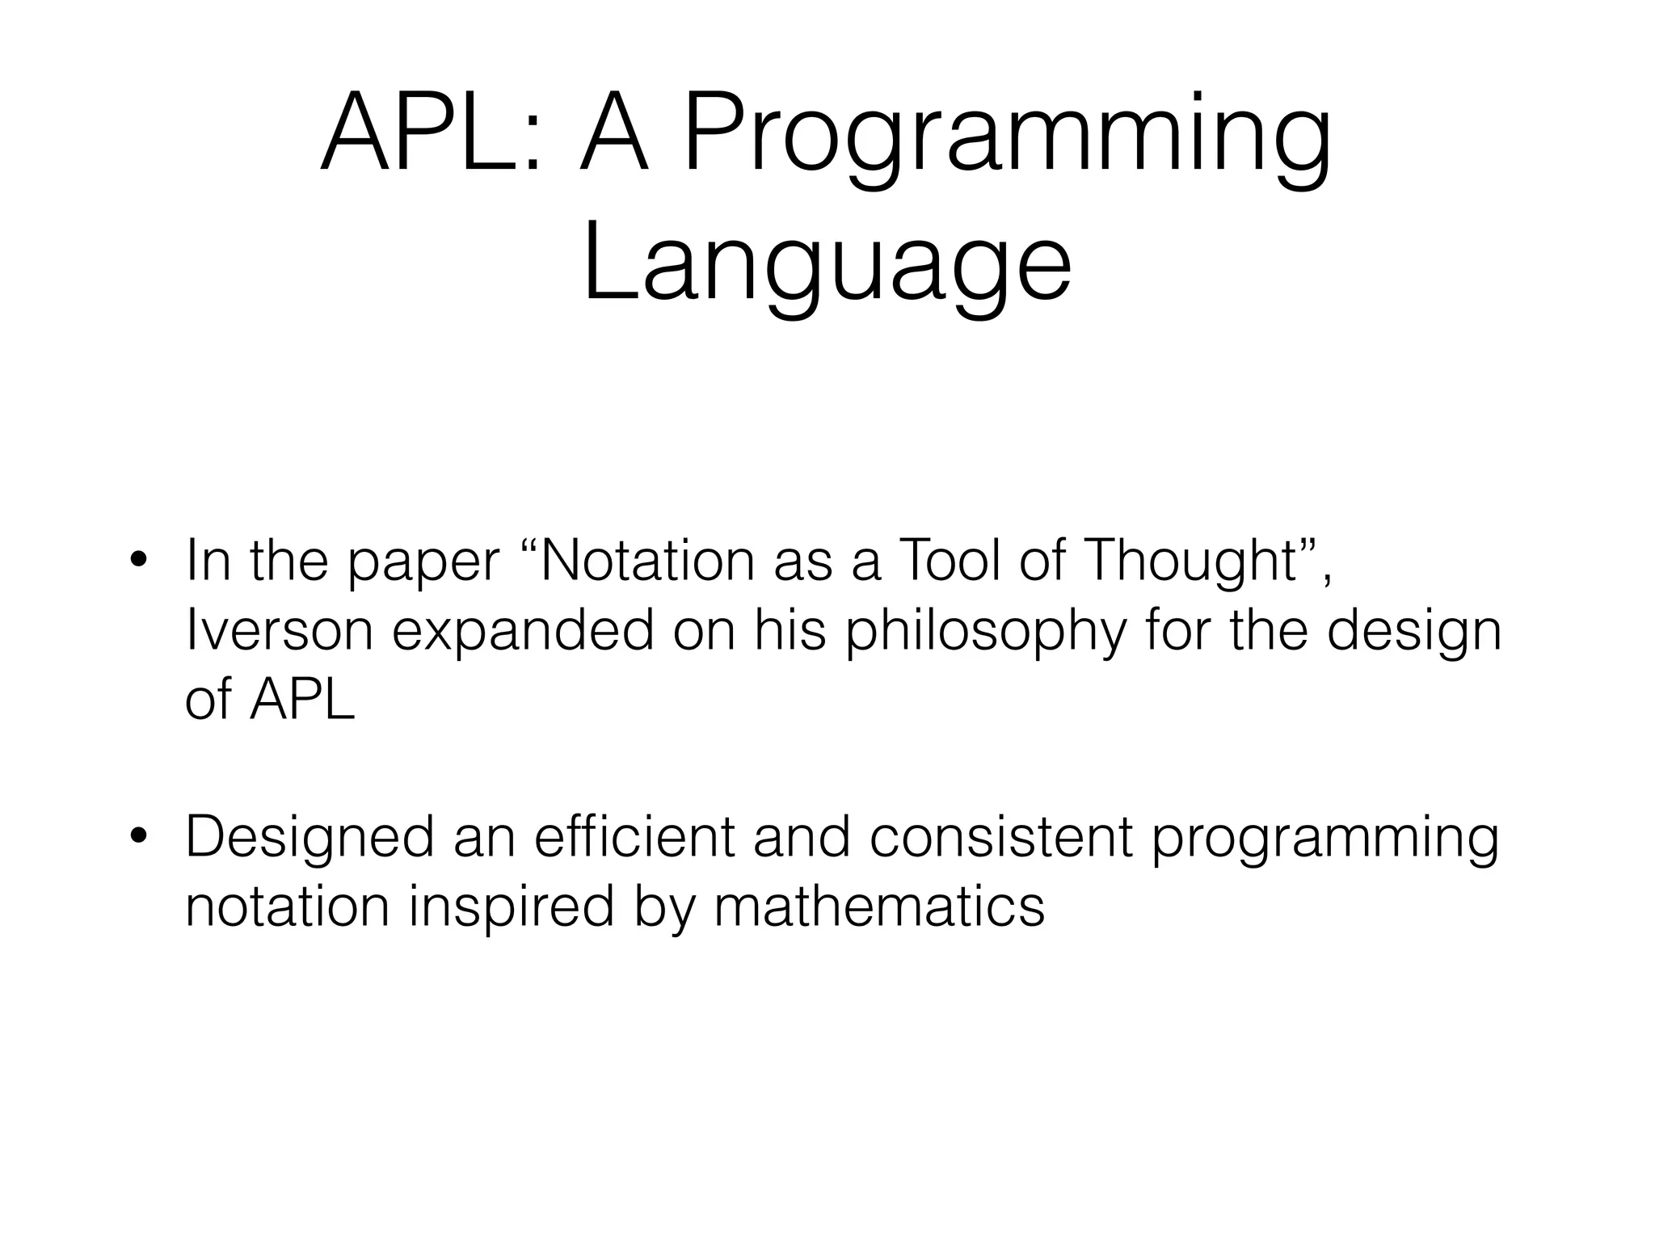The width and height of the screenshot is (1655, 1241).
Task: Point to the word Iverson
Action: tap(279, 631)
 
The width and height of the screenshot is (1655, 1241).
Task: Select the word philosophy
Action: tap(985, 631)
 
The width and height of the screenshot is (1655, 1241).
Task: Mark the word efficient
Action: tap(634, 837)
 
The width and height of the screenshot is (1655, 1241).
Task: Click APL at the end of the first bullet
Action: tap(302, 700)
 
